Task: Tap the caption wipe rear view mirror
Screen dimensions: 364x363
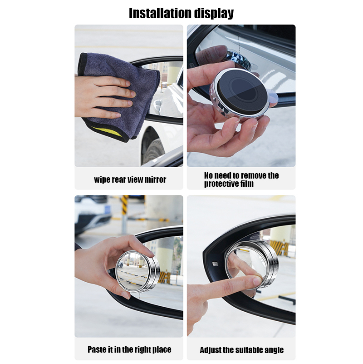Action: pos(130,180)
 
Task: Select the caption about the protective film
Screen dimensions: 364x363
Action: pos(241,180)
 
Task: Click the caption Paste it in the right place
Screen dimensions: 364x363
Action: pos(129,349)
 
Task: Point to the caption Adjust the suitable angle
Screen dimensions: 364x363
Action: pos(241,350)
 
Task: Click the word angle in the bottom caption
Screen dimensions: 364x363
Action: pos(273,350)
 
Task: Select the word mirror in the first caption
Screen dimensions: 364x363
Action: pos(156,180)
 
